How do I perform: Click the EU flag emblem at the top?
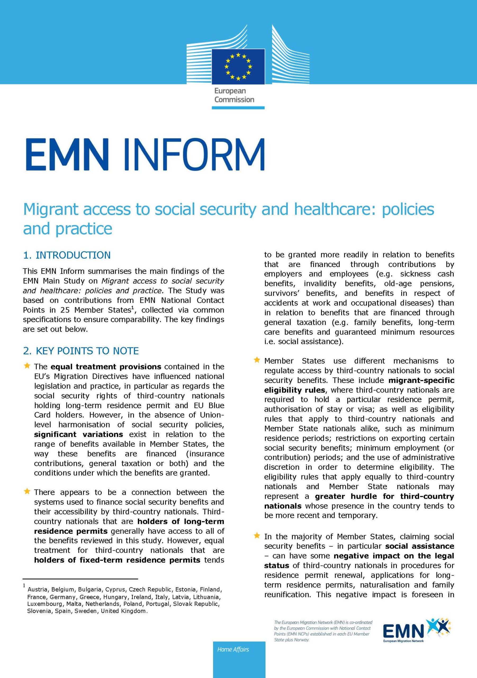(x=238, y=66)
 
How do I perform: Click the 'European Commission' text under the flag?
(x=234, y=95)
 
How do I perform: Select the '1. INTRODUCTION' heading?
(x=67, y=255)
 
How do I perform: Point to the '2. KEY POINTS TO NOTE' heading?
(x=81, y=351)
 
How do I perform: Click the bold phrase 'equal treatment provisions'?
(x=106, y=367)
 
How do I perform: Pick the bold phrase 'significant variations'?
(x=79, y=434)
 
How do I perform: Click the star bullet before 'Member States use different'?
(x=257, y=360)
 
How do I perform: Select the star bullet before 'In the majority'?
(x=257, y=535)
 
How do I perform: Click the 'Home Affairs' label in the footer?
(x=233, y=649)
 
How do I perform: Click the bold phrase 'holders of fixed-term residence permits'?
(x=117, y=560)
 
